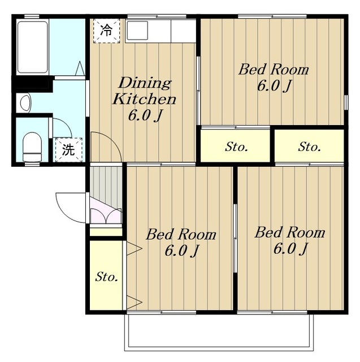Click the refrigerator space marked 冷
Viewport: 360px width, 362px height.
click(x=107, y=31)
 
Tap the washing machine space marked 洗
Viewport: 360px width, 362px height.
click(x=69, y=150)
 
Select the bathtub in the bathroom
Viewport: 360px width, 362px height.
click(x=33, y=47)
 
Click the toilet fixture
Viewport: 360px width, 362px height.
click(x=32, y=147)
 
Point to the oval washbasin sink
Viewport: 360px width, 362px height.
click(x=25, y=103)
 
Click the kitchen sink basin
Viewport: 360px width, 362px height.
click(x=137, y=30)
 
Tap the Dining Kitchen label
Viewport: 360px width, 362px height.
click(x=144, y=100)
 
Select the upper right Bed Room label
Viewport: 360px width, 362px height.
click(x=274, y=78)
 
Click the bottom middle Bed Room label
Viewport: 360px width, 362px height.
click(x=181, y=243)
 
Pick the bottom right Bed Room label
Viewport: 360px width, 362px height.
click(x=290, y=240)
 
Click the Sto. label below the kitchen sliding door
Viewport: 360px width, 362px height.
click(x=236, y=147)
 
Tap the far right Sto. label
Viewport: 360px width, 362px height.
click(x=309, y=147)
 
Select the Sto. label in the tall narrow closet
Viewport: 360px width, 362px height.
click(x=107, y=277)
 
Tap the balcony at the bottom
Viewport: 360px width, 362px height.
click(x=219, y=333)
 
